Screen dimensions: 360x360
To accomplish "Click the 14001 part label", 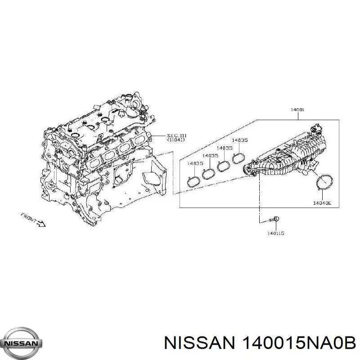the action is click(x=297, y=110).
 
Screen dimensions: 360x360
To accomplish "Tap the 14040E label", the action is click(x=322, y=203).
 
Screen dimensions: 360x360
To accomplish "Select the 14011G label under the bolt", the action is click(x=276, y=234).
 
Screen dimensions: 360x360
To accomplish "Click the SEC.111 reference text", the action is click(x=177, y=136).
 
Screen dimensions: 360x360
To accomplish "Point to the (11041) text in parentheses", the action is click(x=176, y=139).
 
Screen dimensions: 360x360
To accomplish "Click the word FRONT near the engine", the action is click(x=28, y=217).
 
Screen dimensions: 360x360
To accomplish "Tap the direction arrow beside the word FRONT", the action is click(x=41, y=224).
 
